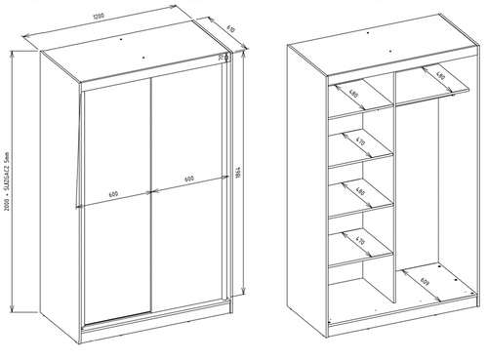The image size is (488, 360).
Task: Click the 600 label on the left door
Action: (x=113, y=193)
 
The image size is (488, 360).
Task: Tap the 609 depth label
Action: (x=424, y=285)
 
